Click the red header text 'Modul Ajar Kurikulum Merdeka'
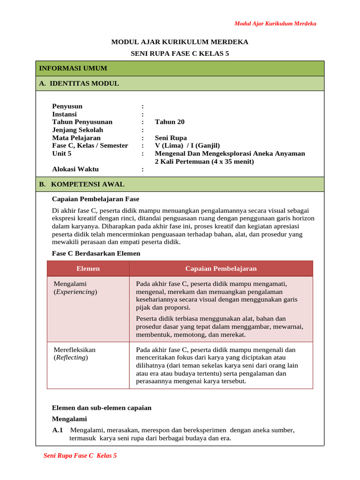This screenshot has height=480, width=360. pos(275,23)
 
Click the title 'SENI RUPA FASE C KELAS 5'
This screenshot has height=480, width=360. pos(180,54)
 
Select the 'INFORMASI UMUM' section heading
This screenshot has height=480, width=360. pos(73,68)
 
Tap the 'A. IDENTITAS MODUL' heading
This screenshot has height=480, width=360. pos(79,83)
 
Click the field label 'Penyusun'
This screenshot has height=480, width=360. pos(67,106)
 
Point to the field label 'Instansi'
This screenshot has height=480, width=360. pos(64,114)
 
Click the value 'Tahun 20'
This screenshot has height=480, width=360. pos(170,122)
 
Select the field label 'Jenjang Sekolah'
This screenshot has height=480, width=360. pos(77,130)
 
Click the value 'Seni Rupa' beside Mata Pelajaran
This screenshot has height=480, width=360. pos(171,138)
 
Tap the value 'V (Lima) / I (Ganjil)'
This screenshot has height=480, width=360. pos(187,146)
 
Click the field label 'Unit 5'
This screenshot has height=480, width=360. pos(61,153)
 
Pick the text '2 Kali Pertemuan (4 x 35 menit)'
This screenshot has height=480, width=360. pos(204,162)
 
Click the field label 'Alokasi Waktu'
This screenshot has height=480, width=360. pos(75,169)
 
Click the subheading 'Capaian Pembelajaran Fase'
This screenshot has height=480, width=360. pos(95,199)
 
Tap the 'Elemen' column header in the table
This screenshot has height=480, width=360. pos(88,269)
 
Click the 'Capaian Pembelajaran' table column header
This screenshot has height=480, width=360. pos(221,269)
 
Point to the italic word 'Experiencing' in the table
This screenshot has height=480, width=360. pos(75,292)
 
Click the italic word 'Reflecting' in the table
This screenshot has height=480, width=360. pos(71,358)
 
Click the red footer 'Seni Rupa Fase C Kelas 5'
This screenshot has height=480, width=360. pos(80,456)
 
